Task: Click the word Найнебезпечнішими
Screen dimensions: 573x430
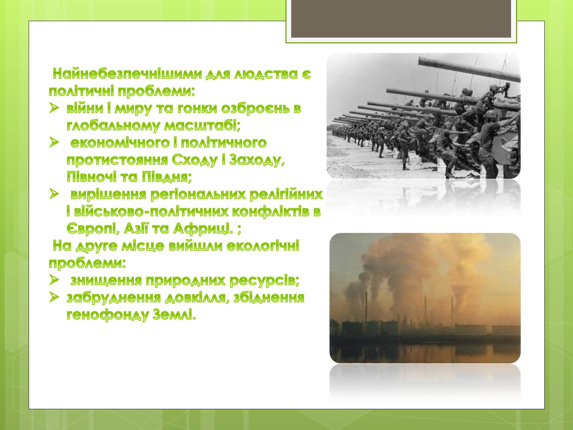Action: pos(127,74)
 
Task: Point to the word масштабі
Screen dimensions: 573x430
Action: pos(202,125)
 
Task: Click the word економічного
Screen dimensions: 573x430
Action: pos(120,143)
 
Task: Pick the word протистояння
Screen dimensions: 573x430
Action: pos(117,160)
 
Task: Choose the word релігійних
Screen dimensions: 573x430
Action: pos(286,195)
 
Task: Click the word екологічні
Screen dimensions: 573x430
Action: pos(263,246)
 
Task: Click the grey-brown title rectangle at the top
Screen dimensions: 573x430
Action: pos(401,19)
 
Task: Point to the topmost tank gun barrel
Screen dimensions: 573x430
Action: pos(469,68)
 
